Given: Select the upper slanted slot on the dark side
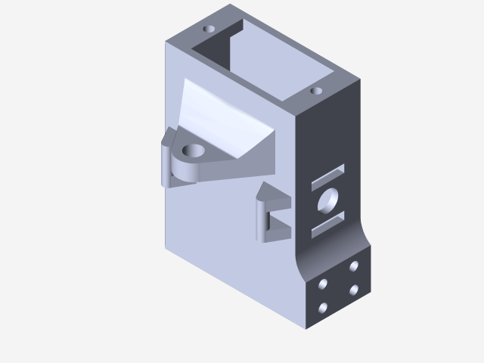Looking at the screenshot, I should (328, 177).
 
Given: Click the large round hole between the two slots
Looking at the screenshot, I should (328, 200).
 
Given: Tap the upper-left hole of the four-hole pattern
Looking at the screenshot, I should (324, 284).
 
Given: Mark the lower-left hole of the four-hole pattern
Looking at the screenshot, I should (324, 308).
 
